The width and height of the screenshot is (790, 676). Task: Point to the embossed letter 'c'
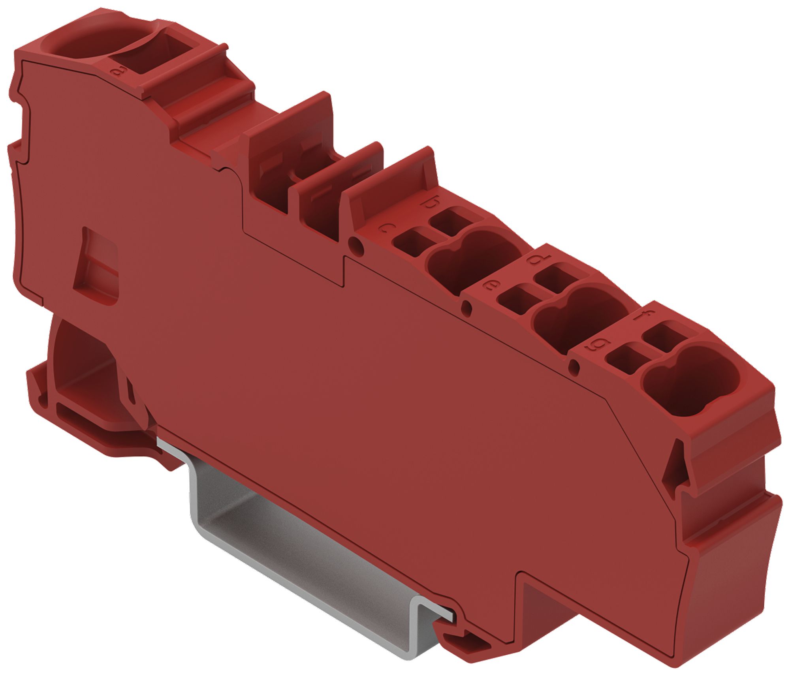(386, 228)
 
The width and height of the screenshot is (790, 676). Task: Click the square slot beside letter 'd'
(555, 278)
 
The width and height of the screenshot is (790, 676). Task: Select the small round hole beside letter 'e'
(466, 307)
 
